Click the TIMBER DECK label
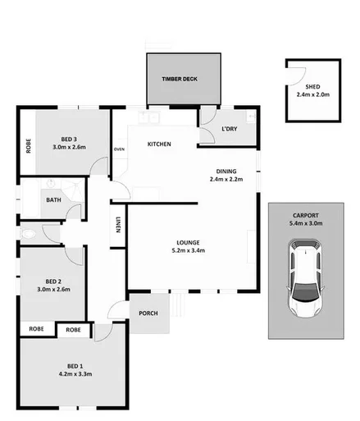180,79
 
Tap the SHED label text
312,86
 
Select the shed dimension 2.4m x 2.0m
312,94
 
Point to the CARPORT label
308,214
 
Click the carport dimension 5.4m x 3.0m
308,222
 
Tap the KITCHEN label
159,144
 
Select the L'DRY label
230,129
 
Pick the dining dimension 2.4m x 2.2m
226,179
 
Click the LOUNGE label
189,242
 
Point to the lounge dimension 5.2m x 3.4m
189,250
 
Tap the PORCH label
148,313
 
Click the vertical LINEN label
119,225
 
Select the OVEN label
119,149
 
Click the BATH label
53,199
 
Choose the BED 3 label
69,139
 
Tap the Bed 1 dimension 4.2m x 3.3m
74,373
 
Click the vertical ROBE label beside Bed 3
28,147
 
